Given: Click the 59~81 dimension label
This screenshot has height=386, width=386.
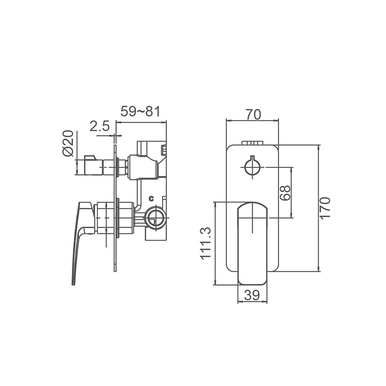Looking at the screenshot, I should point(140,111).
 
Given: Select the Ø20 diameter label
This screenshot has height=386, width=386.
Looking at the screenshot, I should point(68,143).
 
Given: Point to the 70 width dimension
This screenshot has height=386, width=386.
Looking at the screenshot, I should point(253,114).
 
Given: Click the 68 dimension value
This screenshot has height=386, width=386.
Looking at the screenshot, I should point(285,193).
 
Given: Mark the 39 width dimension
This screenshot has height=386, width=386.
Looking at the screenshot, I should point(252,295).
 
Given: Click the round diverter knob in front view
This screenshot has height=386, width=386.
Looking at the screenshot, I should point(252,167).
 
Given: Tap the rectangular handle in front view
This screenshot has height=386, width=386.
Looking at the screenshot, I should point(252,243).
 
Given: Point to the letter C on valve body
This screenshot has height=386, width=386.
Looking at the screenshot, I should point(151,198).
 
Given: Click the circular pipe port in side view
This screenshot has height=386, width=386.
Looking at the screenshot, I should point(156,218).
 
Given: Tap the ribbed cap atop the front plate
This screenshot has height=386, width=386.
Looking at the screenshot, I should point(252,143).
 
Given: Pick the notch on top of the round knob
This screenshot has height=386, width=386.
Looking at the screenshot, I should point(252,159).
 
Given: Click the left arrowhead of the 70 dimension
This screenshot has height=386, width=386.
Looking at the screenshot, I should point(228,120).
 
